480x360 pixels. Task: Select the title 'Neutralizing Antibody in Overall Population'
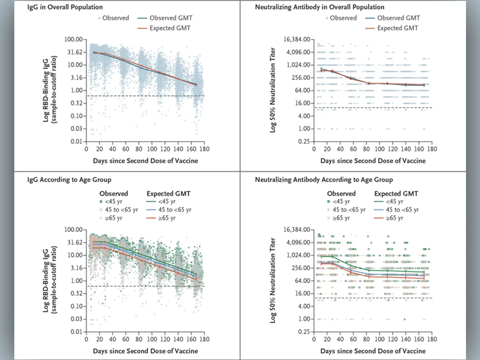tap(320, 7)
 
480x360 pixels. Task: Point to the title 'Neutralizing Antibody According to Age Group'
tap(324, 180)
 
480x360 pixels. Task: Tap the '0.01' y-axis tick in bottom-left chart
tap(76, 332)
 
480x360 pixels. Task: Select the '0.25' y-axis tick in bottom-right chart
tap(303, 332)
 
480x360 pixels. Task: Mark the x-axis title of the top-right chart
tap(373, 161)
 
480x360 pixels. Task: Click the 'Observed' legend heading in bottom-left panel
tap(114, 194)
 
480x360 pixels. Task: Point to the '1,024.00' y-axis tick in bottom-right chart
tap(296, 255)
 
